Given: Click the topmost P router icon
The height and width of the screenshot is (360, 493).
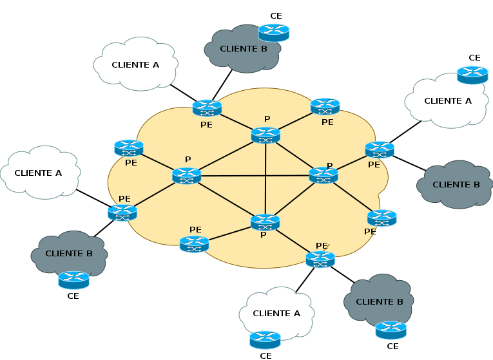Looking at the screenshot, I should (x=266, y=135).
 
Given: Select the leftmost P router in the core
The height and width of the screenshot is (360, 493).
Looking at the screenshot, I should (x=187, y=175).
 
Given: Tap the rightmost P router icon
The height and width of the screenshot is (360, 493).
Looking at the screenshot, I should (x=324, y=175).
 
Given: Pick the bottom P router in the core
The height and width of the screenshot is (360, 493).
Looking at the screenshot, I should (x=265, y=222).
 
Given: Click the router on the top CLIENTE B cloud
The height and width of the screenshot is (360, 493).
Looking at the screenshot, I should (x=274, y=32).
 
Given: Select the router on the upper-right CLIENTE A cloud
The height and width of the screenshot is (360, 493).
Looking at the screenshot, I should (x=472, y=75).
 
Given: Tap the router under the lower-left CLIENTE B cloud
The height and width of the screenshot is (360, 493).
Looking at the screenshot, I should (x=73, y=279).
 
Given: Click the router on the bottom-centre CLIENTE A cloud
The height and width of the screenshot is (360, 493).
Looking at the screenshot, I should (x=265, y=339).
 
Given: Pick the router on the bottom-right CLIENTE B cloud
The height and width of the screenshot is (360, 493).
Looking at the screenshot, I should (x=391, y=330).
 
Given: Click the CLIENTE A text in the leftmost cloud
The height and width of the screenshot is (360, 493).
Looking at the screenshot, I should (x=38, y=173).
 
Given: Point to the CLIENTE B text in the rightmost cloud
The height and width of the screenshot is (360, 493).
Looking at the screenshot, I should (x=456, y=184).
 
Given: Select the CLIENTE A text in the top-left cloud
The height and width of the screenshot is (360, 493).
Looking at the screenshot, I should (x=135, y=64).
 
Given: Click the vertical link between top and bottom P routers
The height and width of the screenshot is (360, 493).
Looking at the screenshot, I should (x=266, y=180).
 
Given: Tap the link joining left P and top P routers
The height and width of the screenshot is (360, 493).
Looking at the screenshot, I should (x=226, y=155).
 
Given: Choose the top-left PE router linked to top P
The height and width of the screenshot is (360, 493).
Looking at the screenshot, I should (x=207, y=108).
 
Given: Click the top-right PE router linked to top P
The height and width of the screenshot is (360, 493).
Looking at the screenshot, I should (x=325, y=106).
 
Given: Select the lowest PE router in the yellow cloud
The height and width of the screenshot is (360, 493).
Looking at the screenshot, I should (x=320, y=260).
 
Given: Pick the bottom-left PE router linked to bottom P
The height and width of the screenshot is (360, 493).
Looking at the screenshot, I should (x=194, y=244).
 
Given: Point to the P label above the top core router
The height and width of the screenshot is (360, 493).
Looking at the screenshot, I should (x=267, y=119).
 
